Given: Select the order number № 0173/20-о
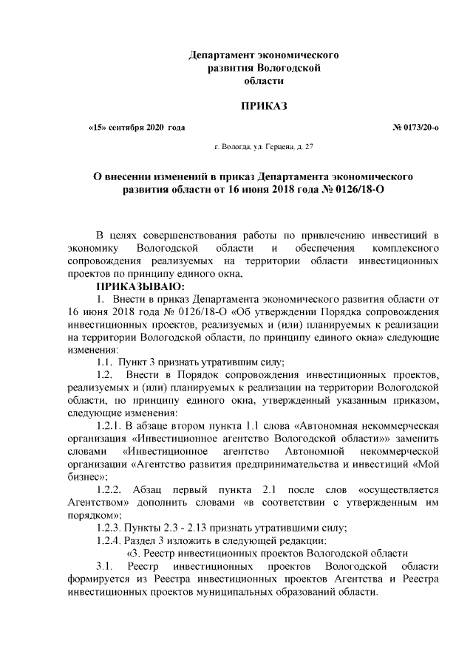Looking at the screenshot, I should click(x=416, y=127).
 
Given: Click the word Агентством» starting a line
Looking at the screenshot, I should click(x=95, y=502).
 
